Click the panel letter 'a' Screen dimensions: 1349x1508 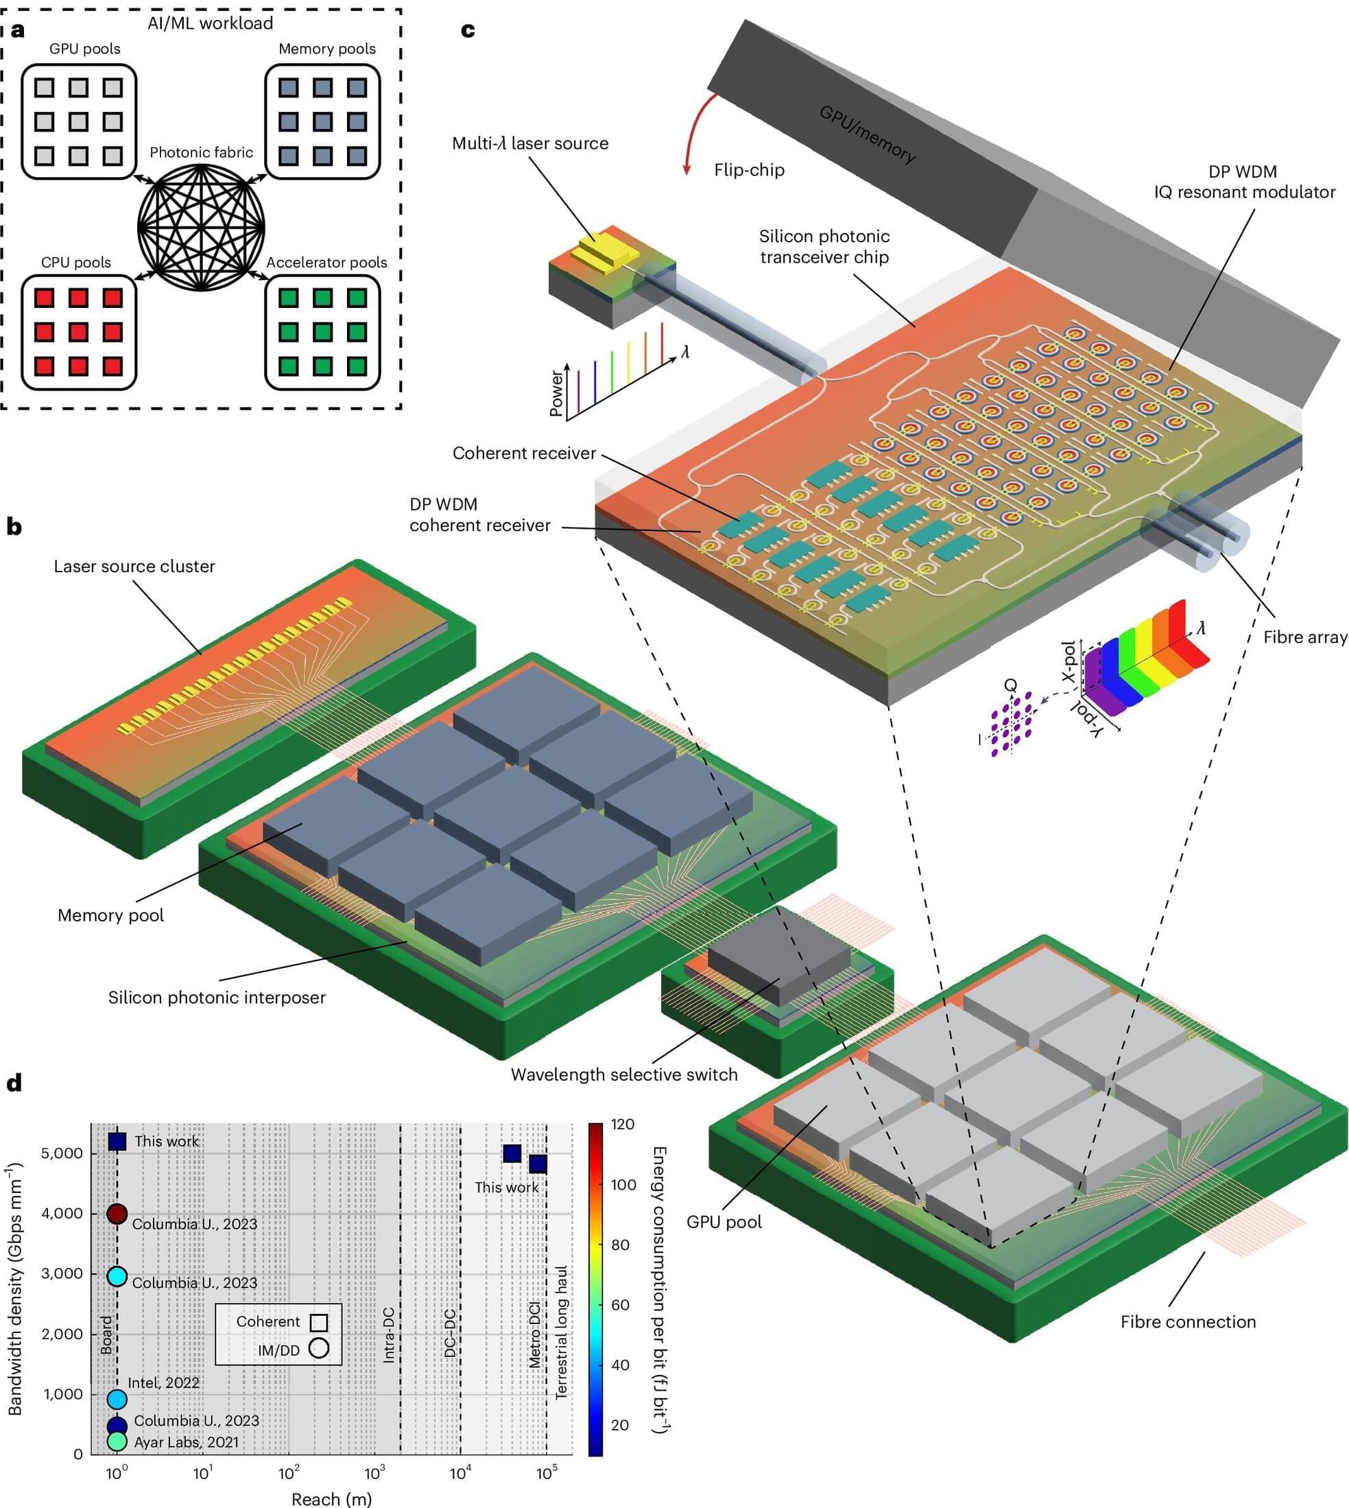pyautogui.click(x=16, y=30)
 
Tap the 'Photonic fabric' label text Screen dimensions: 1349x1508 pyautogui.click(x=201, y=153)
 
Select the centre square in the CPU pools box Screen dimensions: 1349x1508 pyautogui.click(x=79, y=331)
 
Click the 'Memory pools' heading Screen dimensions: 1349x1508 pyautogui.click(x=327, y=49)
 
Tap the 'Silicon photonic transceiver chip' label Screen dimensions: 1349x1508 pyautogui.click(x=824, y=247)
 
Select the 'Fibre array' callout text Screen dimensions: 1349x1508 pyautogui.click(x=1305, y=637)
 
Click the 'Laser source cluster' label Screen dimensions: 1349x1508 pyautogui.click(x=134, y=567)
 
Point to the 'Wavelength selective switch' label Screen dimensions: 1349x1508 pyautogui.click(x=624, y=1074)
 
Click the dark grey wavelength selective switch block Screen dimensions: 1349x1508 pyautogui.click(x=778, y=961)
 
